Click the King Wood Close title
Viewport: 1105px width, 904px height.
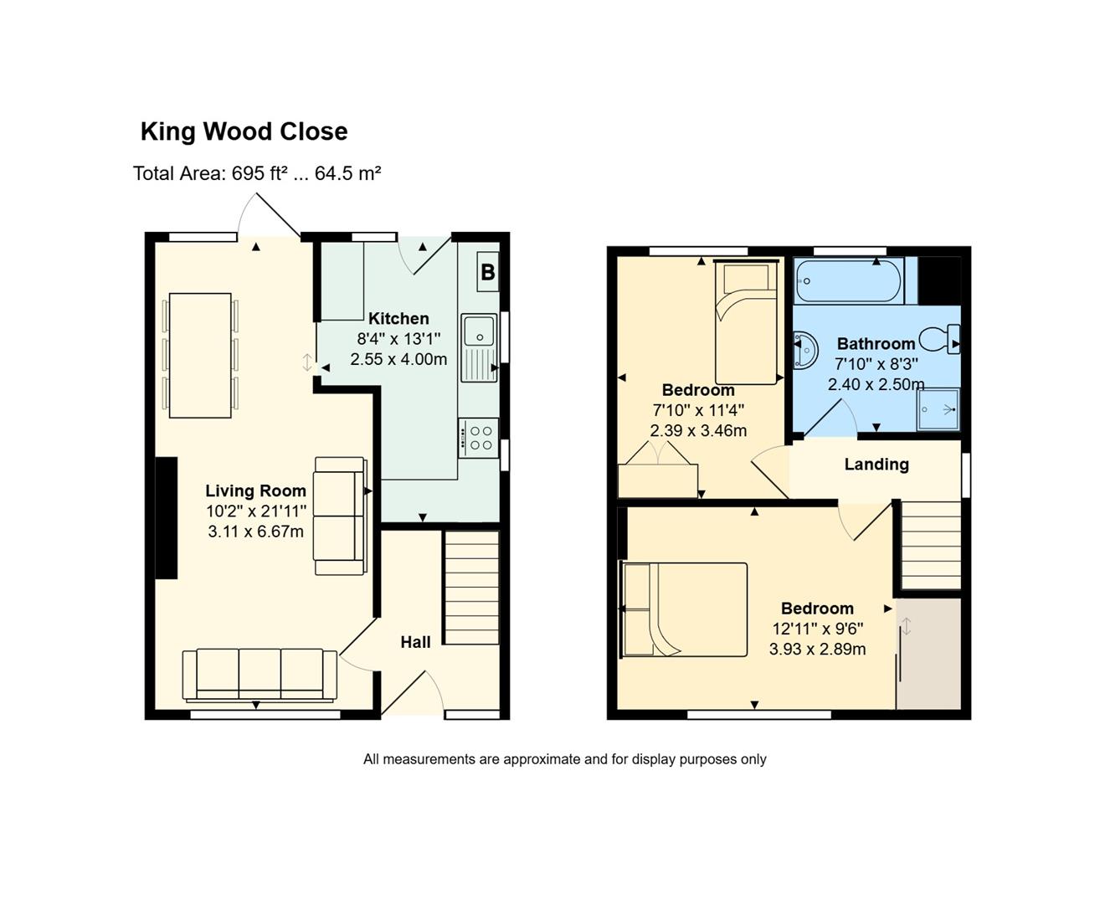pos(244,132)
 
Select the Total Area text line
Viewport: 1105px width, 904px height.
pos(257,173)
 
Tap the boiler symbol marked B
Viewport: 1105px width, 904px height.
pos(488,272)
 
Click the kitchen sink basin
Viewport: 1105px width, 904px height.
pos(479,330)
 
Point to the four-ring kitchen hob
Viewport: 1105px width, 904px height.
pos(478,438)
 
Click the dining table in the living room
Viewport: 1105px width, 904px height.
pos(200,355)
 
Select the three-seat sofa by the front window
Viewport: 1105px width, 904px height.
pos(260,675)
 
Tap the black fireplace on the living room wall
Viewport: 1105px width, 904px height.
pos(167,518)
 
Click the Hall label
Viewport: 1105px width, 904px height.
pos(415,643)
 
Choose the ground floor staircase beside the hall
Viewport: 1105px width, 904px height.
pos(471,588)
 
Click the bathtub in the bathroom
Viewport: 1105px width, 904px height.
pos(848,281)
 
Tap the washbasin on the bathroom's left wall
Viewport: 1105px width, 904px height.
pos(805,348)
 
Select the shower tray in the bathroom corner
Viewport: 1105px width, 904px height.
pos(938,409)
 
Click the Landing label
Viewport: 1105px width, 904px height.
pos(876,465)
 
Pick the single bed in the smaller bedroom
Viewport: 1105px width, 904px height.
pos(746,323)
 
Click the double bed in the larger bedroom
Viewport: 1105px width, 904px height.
pos(684,609)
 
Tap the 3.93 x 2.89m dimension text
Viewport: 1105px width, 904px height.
pos(817,650)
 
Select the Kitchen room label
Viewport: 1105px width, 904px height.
pos(398,319)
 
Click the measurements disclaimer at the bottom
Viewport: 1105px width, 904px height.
pos(565,759)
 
